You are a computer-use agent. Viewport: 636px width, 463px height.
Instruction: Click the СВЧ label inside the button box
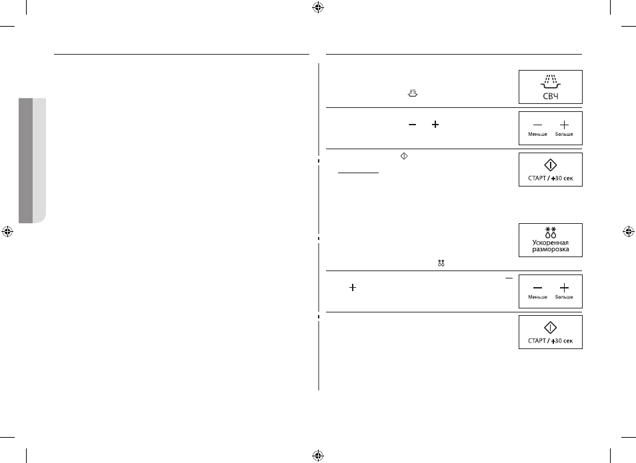pos(551,96)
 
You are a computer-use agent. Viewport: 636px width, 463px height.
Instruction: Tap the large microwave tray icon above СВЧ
pos(551,81)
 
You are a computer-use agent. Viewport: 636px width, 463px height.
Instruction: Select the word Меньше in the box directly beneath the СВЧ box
pos(537,134)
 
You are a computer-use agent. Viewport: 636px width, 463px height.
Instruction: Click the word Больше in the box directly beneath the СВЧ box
pos(564,134)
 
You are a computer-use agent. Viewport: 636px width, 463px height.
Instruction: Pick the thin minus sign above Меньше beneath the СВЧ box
pos(537,125)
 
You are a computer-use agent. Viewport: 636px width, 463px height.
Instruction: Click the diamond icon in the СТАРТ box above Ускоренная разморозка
pos(551,165)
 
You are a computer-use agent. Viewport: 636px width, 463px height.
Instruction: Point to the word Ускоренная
pos(551,242)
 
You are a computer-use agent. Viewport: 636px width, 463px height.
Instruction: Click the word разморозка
pos(551,249)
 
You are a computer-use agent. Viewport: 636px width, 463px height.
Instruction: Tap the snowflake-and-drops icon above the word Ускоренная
pos(551,232)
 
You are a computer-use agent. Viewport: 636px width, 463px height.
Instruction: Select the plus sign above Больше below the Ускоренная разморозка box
pos(564,288)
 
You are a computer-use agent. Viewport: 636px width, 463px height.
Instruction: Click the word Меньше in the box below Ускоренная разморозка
pos(537,297)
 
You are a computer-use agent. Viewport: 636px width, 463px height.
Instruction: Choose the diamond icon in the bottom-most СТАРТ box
pos(551,328)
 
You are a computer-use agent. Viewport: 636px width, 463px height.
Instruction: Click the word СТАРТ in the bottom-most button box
pos(537,341)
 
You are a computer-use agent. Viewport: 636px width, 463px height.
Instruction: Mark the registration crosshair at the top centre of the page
pos(318,7)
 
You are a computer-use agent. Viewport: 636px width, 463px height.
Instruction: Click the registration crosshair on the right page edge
pos(628,232)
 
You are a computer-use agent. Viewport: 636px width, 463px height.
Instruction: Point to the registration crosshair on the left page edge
pos(7,232)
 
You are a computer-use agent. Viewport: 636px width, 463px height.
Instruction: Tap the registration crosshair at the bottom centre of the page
pos(318,455)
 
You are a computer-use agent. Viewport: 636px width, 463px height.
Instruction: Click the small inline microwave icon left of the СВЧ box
pos(413,93)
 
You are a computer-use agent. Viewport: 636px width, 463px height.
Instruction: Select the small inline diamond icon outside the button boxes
pos(404,156)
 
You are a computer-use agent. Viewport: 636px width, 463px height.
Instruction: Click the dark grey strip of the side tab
pos(25,161)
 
